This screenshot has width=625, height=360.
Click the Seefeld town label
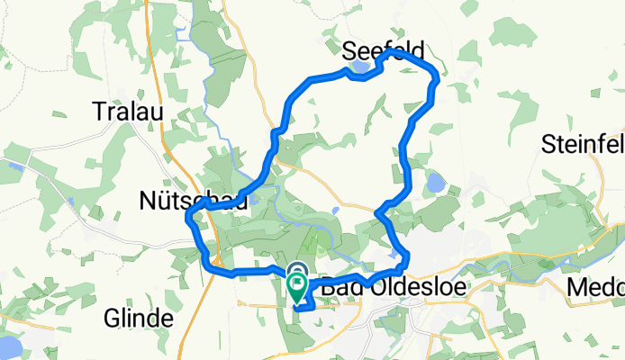coord(383,49)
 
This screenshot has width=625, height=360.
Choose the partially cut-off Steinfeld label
coord(584,143)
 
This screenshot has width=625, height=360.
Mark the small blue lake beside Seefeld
coord(358,66)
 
